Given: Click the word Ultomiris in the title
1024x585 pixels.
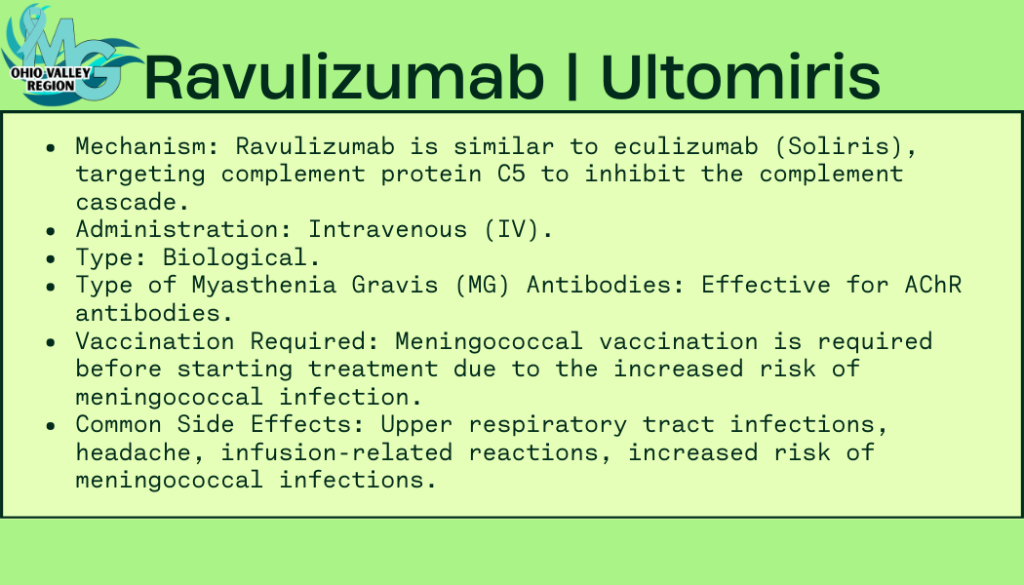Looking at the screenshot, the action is [x=740, y=76].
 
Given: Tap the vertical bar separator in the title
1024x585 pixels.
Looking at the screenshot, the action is [x=572, y=76].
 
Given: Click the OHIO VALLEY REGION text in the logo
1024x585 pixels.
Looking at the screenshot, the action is [x=51, y=79].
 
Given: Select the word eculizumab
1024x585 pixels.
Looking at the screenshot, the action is [x=686, y=146].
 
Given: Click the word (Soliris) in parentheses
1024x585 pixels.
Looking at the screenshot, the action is [x=846, y=146].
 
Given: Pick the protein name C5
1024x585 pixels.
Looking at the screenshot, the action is [x=511, y=175].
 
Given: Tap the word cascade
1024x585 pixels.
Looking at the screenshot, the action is [x=132, y=203].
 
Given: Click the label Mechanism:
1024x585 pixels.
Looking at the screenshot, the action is [x=148, y=146].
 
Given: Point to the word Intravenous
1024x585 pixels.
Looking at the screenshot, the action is [x=388, y=230].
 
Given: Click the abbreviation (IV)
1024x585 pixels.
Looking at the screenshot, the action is [x=519, y=230].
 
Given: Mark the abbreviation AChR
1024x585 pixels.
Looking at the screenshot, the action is [x=933, y=286].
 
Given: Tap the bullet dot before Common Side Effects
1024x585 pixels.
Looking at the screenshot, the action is [x=51, y=426].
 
